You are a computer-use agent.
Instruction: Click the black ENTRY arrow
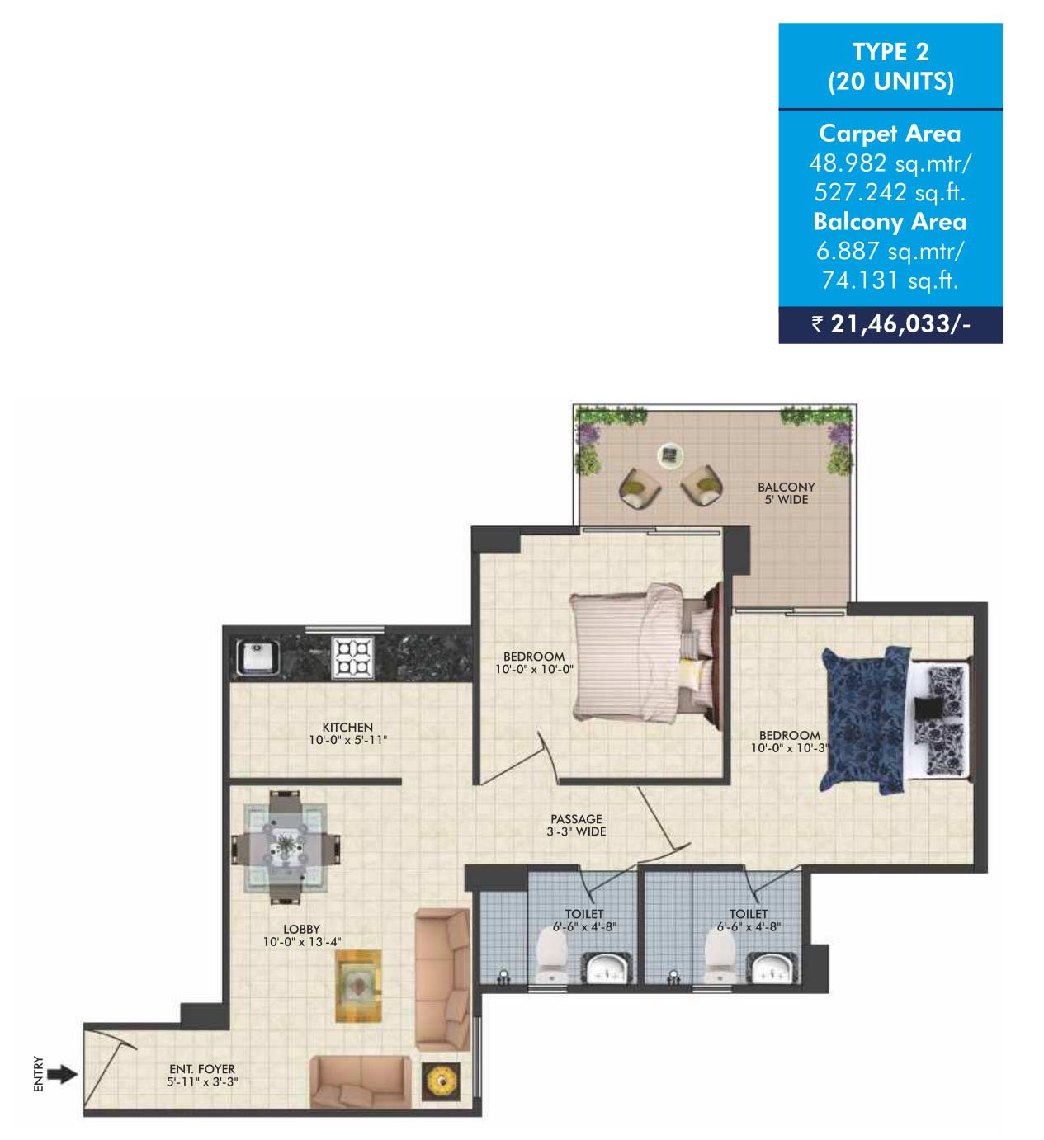(62, 1075)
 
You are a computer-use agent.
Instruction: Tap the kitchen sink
(257, 658)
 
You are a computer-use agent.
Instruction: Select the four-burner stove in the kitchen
(353, 657)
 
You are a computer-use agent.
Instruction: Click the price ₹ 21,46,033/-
(890, 324)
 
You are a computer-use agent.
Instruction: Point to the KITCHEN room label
(347, 727)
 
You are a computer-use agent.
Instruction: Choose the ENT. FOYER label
(202, 1069)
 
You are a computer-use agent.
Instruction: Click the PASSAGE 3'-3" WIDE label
(576, 825)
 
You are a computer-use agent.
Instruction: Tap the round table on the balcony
(670, 455)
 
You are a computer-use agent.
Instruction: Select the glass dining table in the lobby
(286, 846)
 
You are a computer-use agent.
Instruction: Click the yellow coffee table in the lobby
(358, 986)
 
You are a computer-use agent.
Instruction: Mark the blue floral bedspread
(864, 720)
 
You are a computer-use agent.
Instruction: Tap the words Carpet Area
(890, 133)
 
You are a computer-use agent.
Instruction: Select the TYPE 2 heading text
(890, 52)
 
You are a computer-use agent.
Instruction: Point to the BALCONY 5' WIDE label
(786, 493)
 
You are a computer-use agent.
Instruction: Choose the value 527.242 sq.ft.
(890, 192)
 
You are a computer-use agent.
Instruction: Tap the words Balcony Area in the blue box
(890, 221)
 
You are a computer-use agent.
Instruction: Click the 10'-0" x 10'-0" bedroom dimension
(534, 669)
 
